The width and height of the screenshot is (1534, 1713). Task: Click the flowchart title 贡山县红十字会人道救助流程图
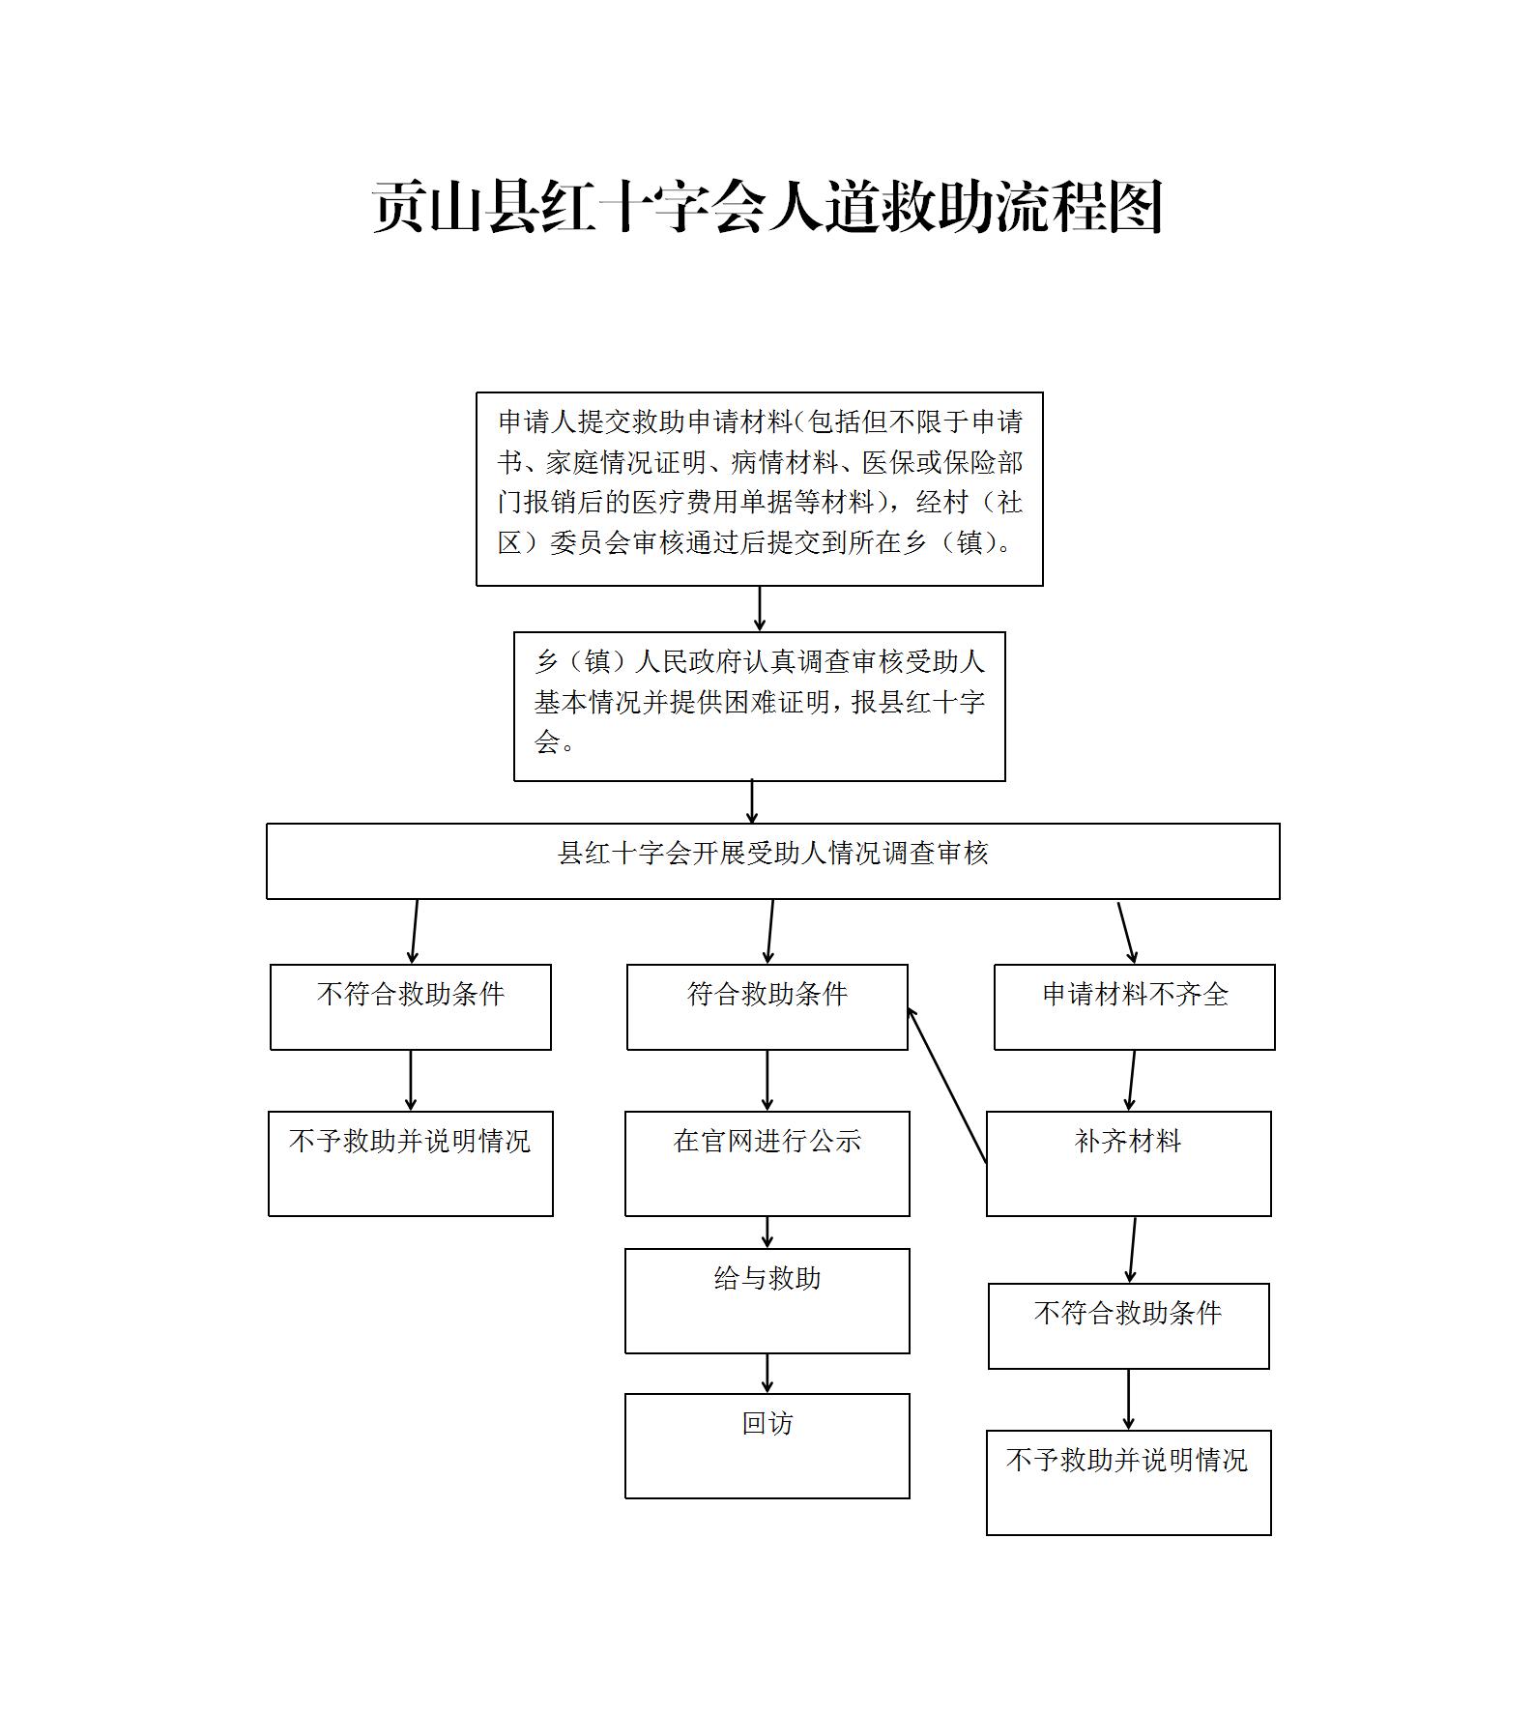click(767, 206)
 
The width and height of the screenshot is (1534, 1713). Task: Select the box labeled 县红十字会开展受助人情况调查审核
click(773, 861)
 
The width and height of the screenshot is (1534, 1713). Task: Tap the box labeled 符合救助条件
click(767, 1007)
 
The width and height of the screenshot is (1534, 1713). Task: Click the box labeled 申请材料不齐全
click(1135, 1007)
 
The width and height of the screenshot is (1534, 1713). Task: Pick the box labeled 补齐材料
click(1129, 1164)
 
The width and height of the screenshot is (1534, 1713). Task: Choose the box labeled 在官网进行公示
click(767, 1164)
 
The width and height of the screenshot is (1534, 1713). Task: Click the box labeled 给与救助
click(767, 1301)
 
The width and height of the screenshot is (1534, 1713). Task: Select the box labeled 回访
click(767, 1446)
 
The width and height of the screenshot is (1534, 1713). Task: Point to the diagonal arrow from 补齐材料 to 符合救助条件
click(947, 1085)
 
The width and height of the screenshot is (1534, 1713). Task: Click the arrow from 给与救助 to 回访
click(767, 1374)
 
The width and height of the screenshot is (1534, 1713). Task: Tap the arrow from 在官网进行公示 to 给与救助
click(767, 1233)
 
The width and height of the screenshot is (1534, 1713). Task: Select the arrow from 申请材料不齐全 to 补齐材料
click(1131, 1081)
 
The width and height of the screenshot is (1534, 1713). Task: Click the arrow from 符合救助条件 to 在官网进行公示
click(767, 1081)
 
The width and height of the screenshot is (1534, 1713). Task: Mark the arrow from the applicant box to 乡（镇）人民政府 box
click(760, 609)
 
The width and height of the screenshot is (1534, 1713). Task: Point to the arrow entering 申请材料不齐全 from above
click(1127, 933)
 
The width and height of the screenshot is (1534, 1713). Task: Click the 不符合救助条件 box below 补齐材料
click(1129, 1326)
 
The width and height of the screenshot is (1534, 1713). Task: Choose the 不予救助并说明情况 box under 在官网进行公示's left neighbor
click(411, 1164)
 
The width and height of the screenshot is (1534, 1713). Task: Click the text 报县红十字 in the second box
click(917, 702)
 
